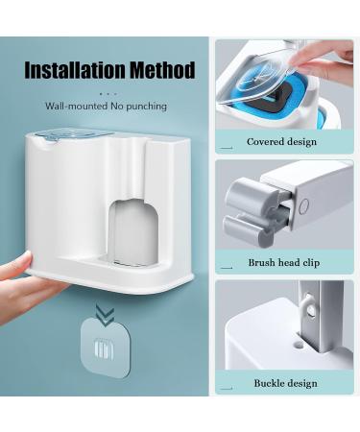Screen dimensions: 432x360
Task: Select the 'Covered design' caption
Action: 281,142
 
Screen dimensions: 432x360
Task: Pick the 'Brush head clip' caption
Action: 283,262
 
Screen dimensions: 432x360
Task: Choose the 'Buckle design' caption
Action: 285,383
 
